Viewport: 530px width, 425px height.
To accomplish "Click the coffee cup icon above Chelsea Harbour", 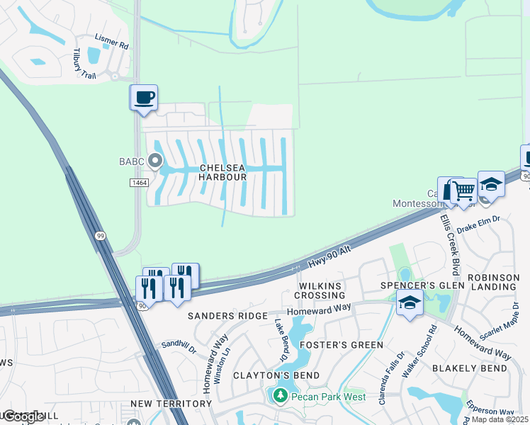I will (144, 98).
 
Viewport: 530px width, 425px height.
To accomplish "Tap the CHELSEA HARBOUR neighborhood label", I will (222, 172).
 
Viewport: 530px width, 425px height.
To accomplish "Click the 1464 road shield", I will (139, 183).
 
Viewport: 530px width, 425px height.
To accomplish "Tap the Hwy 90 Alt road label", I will (330, 257).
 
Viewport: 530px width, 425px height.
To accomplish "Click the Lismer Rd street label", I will (112, 44).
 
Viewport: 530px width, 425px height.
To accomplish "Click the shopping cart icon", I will (463, 191).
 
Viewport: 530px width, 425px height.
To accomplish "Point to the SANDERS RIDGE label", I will (227, 315).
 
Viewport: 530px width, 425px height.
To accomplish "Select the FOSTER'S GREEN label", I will (341, 345).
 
